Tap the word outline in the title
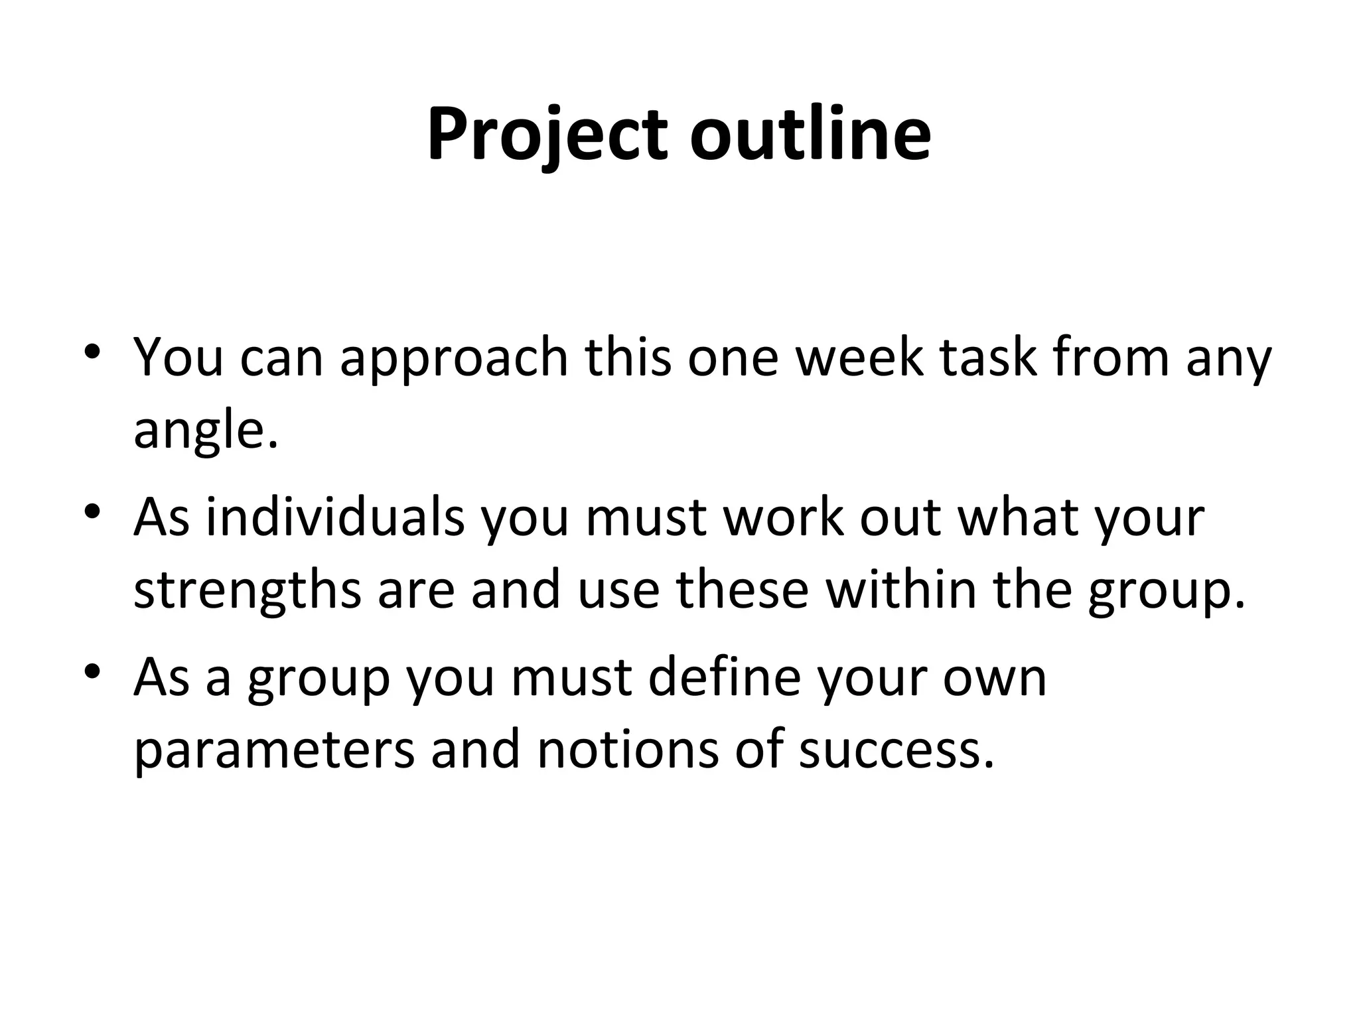810,135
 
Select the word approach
455,358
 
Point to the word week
859,358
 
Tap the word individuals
335,518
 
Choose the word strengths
248,591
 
